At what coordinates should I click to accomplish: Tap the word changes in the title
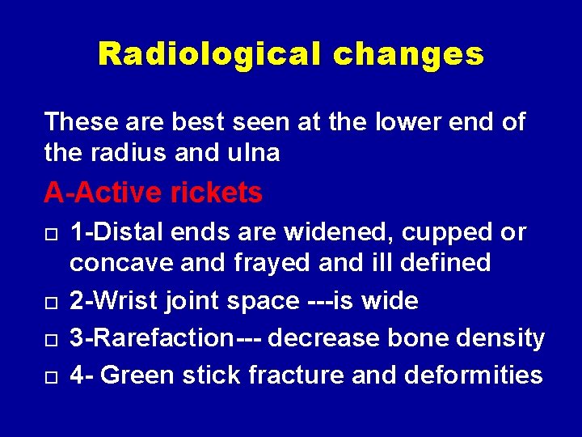point(408,54)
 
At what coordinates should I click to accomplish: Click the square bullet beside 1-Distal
point(50,235)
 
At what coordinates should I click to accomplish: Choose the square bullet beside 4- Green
point(50,377)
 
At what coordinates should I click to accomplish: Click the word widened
point(356,233)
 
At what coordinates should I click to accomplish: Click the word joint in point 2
point(191,302)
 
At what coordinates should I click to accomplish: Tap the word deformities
point(473,375)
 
